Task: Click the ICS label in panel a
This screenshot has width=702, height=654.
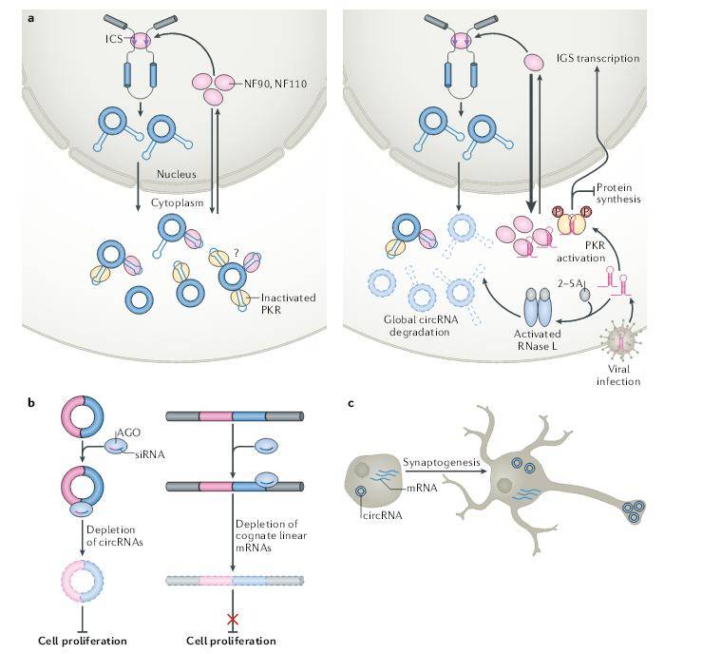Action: pos(114,39)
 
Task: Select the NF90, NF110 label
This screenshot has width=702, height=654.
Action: pos(275,84)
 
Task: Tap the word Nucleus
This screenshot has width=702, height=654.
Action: pos(177,174)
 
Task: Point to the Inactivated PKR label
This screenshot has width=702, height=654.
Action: pos(289,303)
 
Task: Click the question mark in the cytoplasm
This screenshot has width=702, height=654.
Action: pos(237,253)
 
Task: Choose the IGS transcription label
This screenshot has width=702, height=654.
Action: pos(598,58)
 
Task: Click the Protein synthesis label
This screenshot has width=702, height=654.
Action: pos(618,193)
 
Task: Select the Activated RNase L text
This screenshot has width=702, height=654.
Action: pos(538,339)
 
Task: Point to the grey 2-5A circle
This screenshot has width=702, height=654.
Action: pos(585,295)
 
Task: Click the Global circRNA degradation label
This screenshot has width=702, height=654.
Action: pos(421,326)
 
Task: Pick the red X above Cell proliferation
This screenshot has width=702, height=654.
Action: pos(233,620)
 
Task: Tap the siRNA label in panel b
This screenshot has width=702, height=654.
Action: pos(149,454)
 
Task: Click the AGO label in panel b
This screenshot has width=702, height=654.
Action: pos(128,433)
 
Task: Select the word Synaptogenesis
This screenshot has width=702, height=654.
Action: pos(442,462)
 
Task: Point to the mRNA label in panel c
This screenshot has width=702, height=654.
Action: pos(422,488)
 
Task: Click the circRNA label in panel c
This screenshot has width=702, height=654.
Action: pos(382,515)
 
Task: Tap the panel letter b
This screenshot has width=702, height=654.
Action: pos(31,402)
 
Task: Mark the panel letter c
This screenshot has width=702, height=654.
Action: pos(351,404)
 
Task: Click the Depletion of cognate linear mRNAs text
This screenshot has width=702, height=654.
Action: pos(271,536)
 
